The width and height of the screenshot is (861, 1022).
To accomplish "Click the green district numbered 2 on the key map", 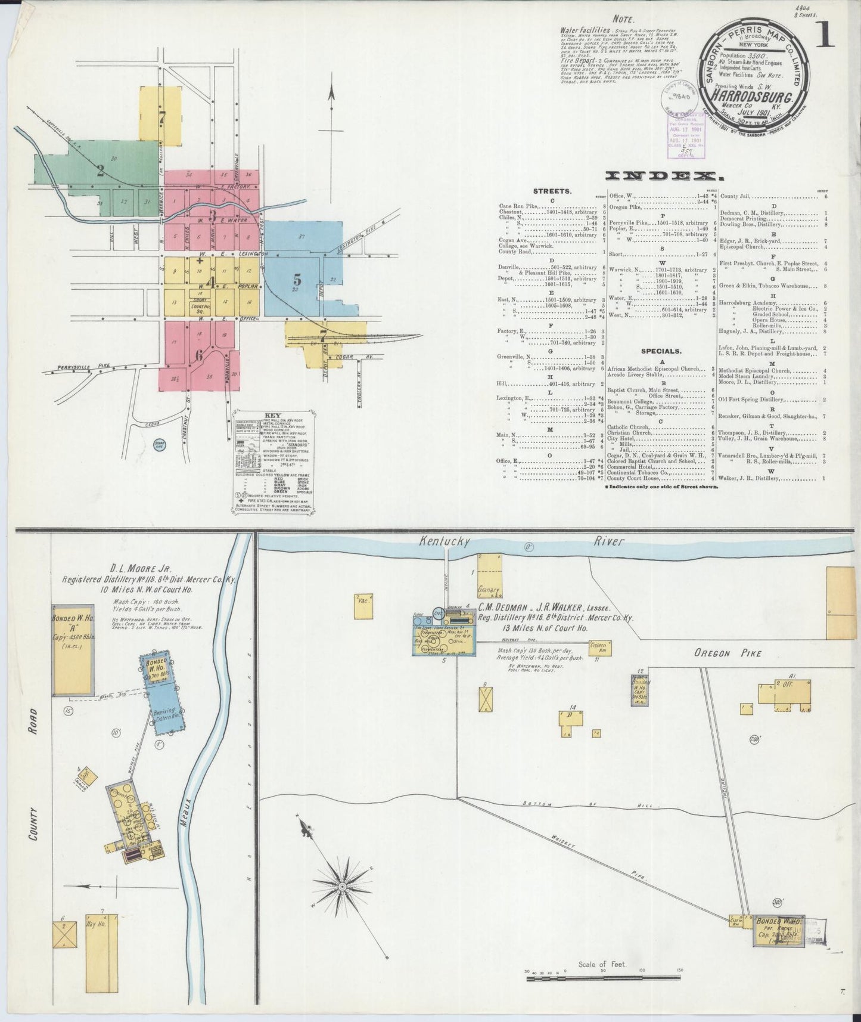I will [100, 172].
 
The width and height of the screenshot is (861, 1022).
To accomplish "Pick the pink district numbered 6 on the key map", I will [199, 355].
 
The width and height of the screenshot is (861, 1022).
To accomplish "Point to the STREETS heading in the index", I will [552, 191].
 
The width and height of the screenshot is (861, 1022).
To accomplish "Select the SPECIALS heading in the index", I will [661, 351].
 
